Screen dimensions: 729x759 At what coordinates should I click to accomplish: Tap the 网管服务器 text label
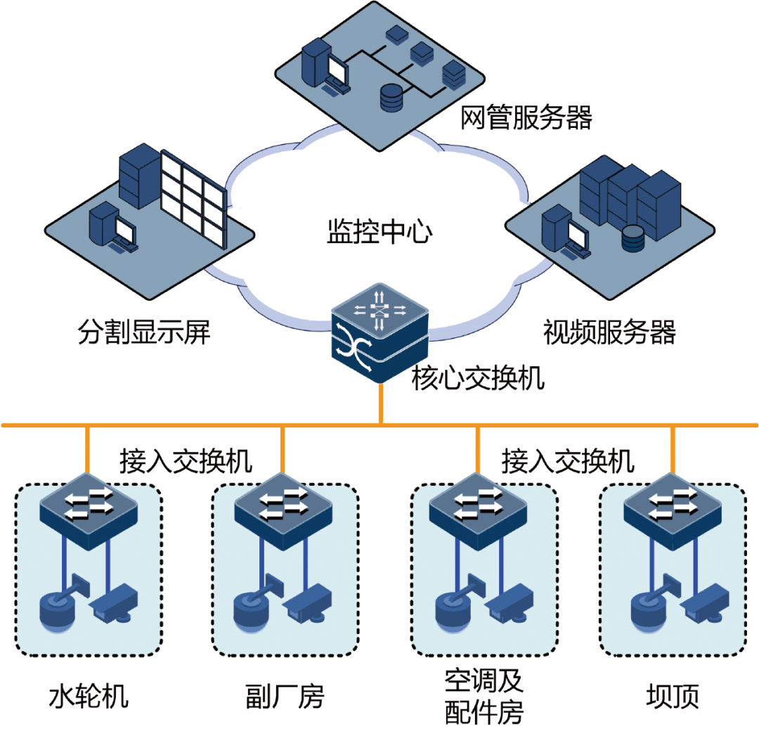[x=526, y=118]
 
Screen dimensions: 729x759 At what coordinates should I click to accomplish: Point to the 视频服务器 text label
[x=609, y=332]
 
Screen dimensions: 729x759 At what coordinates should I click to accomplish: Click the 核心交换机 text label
[x=478, y=380]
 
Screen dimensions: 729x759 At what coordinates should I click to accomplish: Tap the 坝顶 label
[x=673, y=697]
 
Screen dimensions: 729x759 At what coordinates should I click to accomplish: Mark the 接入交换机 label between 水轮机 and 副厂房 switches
[x=186, y=462]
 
